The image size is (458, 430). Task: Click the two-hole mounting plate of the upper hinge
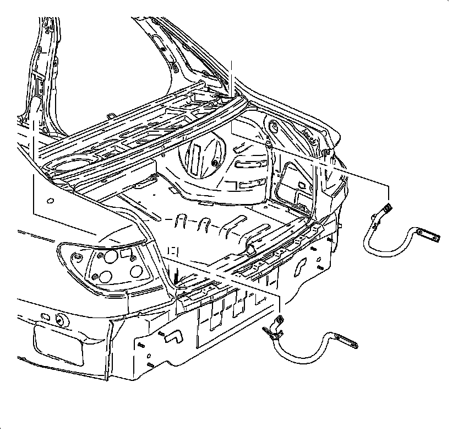[x=428, y=235]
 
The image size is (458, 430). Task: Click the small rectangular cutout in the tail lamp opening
[x=126, y=252]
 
